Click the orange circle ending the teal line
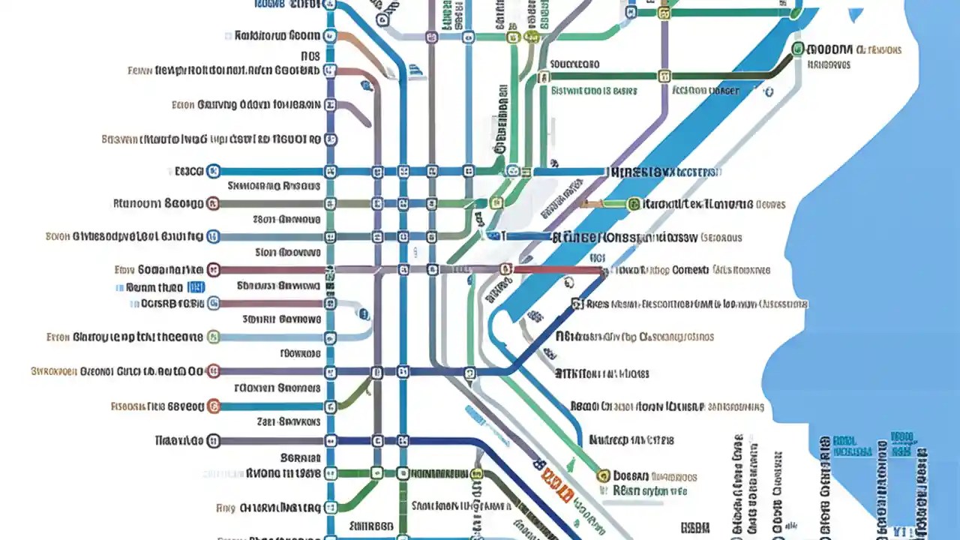click(213, 406)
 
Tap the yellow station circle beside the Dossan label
click(602, 475)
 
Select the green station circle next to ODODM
click(797, 49)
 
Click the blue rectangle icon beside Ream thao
click(196, 286)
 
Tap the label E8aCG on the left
click(188, 171)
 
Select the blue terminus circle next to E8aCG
click(213, 171)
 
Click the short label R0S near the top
click(310, 55)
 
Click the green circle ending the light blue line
click(213, 337)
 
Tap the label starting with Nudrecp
click(631, 440)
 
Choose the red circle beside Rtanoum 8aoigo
click(213, 202)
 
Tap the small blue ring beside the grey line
click(767, 91)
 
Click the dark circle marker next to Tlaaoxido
click(213, 440)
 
